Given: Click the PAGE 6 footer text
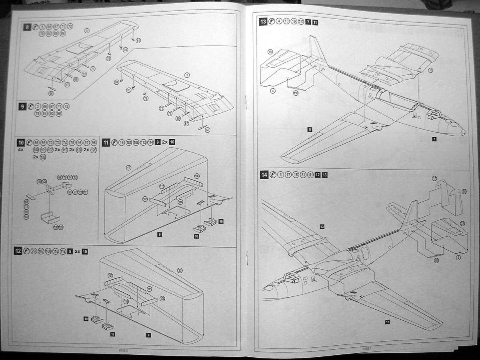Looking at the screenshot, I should (x=123, y=350).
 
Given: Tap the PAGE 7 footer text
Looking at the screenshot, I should (x=367, y=349).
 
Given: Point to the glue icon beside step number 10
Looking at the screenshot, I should (x=29, y=142).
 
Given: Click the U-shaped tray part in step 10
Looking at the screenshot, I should (x=50, y=218).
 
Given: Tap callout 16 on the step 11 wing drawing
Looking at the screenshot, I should (x=128, y=168).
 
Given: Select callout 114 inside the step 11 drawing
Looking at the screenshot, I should (x=180, y=202).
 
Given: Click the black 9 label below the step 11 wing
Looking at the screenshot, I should (x=159, y=234).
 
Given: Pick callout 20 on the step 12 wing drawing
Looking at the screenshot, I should (x=180, y=271).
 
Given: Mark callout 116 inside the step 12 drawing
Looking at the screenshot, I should (x=126, y=301).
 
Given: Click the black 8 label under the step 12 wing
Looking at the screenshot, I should (x=148, y=335).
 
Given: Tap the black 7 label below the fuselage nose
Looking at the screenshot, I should (x=434, y=139).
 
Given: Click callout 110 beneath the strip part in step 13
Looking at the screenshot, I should (x=296, y=93).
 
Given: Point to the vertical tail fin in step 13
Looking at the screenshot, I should (x=316, y=50).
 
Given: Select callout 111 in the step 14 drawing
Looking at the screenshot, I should (x=436, y=261).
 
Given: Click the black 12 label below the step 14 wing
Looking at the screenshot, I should (x=387, y=321).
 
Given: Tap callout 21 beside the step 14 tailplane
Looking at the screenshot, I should (x=463, y=223).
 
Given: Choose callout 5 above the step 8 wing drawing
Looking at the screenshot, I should (x=87, y=30).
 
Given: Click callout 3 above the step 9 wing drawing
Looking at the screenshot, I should (x=187, y=75).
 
